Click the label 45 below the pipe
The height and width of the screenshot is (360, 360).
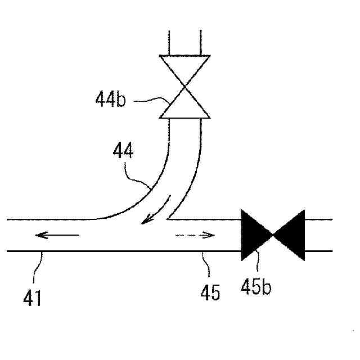(x=210, y=293)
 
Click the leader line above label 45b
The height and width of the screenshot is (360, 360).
(x=258, y=267)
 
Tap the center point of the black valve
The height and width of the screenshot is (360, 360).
(x=272, y=235)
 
